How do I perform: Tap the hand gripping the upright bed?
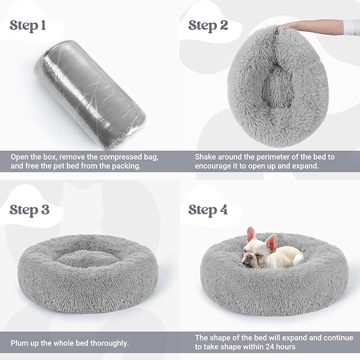click(284, 26)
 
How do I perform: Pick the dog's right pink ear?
click(271, 242)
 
